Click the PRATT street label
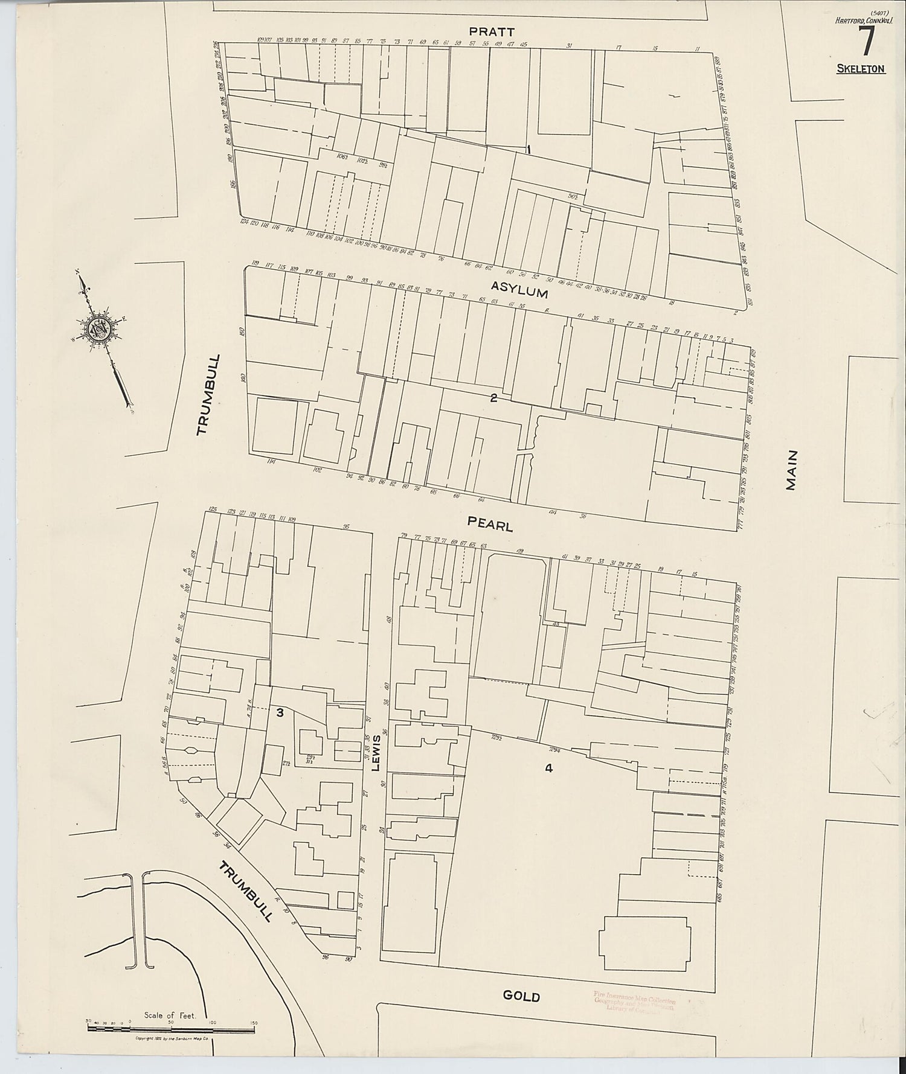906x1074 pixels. tap(494, 31)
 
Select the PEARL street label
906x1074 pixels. tap(490, 523)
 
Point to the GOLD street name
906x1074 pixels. tap(521, 996)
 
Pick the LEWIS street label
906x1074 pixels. tap(376, 753)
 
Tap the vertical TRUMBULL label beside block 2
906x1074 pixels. tap(210, 394)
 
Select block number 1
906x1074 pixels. tap(528, 149)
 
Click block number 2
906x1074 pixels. tap(493, 397)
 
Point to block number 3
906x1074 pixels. tap(280, 712)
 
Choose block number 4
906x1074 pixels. tap(548, 768)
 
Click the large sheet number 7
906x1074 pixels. tap(866, 42)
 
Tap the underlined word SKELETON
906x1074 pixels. tap(861, 69)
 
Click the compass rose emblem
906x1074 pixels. tap(98, 330)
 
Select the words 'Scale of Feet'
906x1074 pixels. tap(170, 1015)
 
